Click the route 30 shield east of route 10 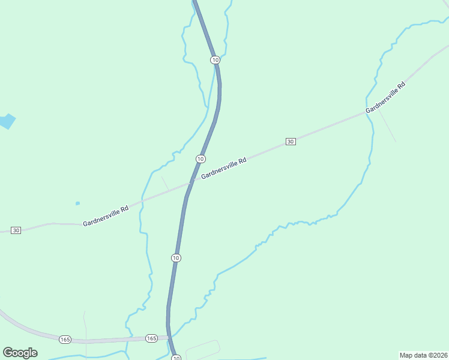click(x=291, y=142)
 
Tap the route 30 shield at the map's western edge click(x=16, y=230)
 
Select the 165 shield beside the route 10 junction click(x=151, y=338)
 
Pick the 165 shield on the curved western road click(x=65, y=340)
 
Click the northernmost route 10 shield click(x=215, y=60)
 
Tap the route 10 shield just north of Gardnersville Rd click(x=200, y=158)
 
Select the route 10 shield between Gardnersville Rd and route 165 click(x=175, y=258)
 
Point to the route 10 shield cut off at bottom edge click(x=176, y=358)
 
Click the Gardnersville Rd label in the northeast click(x=385, y=97)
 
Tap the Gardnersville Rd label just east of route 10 click(x=224, y=169)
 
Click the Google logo click(x=20, y=352)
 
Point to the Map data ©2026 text click(x=424, y=355)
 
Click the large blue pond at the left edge click(x=6, y=121)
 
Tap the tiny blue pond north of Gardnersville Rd click(x=77, y=203)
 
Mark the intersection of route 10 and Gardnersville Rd click(x=190, y=183)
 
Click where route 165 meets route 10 click(x=169, y=337)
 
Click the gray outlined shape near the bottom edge click(x=202, y=349)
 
